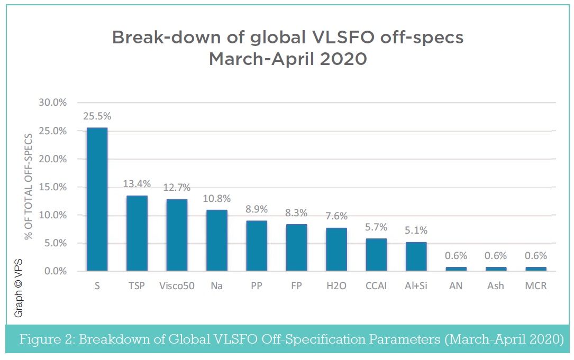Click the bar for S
click(97, 199)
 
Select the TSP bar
click(136, 233)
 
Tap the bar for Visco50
click(177, 235)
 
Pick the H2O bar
click(336, 250)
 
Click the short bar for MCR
click(535, 269)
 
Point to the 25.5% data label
click(97, 116)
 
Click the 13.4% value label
click(137, 184)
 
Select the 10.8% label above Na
click(216, 199)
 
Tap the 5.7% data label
click(376, 227)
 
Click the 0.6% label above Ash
click(496, 256)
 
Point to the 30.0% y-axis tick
click(53, 103)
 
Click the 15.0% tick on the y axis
click(53, 187)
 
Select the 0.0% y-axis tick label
click(55, 271)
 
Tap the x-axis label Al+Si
click(416, 286)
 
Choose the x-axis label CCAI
click(376, 286)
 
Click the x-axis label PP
click(257, 286)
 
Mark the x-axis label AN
click(455, 286)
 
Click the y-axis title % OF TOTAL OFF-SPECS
click(29, 186)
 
